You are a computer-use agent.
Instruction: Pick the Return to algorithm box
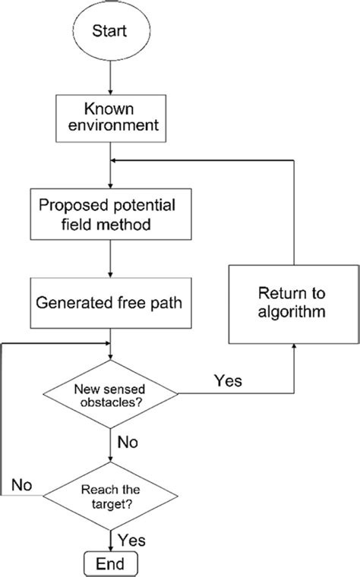coord(292,301)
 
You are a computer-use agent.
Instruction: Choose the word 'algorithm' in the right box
coord(292,311)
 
